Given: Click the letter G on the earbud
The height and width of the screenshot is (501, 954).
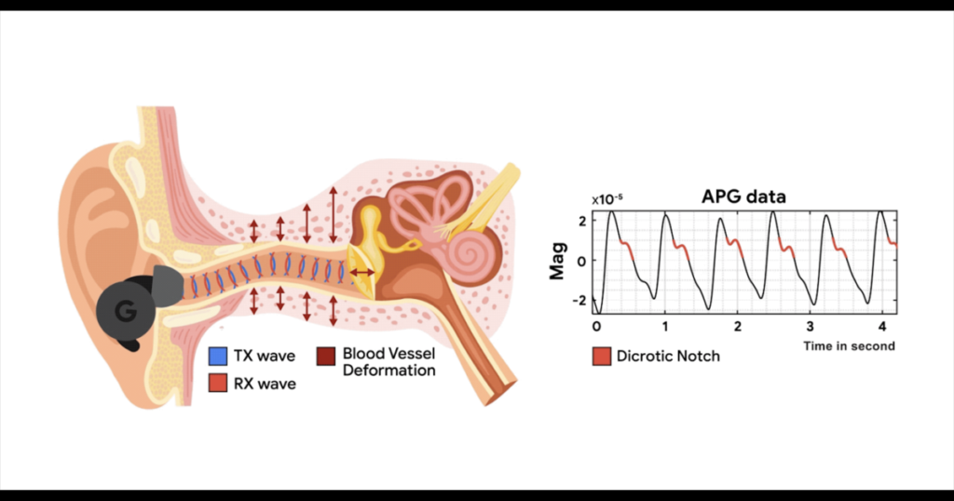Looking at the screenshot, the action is click(126, 311).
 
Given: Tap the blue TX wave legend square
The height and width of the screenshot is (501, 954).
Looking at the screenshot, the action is click(218, 356).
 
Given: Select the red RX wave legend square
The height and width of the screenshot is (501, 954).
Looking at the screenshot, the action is click(218, 383).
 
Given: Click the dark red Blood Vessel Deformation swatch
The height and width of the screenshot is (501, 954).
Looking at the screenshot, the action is click(326, 357).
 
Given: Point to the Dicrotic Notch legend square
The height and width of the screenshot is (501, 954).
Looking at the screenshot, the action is click(602, 357).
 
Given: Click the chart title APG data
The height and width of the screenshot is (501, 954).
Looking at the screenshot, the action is click(743, 196).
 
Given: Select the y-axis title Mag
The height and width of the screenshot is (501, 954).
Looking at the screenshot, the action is click(557, 261).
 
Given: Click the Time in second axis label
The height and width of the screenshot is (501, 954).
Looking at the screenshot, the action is click(849, 346).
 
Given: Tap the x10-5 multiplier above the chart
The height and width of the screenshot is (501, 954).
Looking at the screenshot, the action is click(607, 198).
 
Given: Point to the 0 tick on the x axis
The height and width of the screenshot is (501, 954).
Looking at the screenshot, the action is click(596, 327).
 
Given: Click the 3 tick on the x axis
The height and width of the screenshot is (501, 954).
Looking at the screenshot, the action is click(810, 327).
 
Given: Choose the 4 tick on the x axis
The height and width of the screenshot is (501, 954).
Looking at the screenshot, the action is click(882, 327).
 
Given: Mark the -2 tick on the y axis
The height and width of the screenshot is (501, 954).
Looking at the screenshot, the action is click(579, 301).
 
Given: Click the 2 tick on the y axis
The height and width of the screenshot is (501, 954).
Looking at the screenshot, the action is click(583, 222).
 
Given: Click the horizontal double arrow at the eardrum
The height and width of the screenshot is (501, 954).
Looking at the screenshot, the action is click(362, 273).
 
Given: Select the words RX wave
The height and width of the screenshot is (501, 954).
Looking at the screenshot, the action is click(265, 384).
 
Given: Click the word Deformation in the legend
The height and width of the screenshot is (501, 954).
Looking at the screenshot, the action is click(388, 371).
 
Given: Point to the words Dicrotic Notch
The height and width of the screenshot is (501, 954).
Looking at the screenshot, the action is click(668, 357).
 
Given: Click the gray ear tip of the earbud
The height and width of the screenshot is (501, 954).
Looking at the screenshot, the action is click(167, 285).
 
